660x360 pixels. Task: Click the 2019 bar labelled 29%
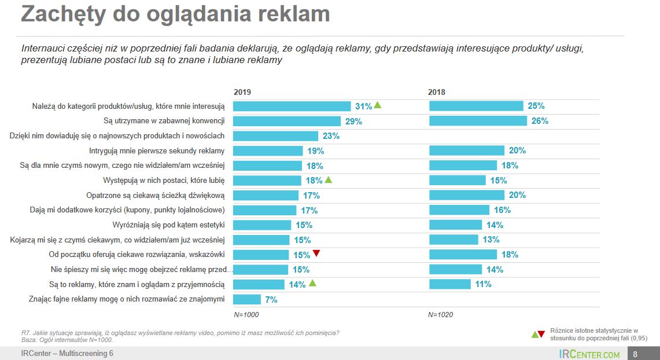[x=286, y=121]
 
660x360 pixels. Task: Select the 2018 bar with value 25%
[x=476, y=106]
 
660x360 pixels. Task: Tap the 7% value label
[x=271, y=300]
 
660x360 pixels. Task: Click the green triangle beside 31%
[x=378, y=105]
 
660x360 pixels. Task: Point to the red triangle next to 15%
[x=316, y=254]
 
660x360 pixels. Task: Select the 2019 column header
[x=242, y=93]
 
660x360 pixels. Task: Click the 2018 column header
[x=437, y=93]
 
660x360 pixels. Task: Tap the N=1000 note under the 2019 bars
[x=246, y=315]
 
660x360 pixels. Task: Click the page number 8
[x=635, y=354]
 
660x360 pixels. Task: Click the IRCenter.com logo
[x=589, y=354]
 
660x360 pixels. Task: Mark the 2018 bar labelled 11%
[x=449, y=284]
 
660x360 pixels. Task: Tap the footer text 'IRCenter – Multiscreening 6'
[x=68, y=354]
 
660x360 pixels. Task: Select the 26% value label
[x=539, y=121]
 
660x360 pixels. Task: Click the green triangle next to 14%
[x=312, y=284]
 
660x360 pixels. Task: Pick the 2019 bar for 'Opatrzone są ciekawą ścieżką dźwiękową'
[x=266, y=195]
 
